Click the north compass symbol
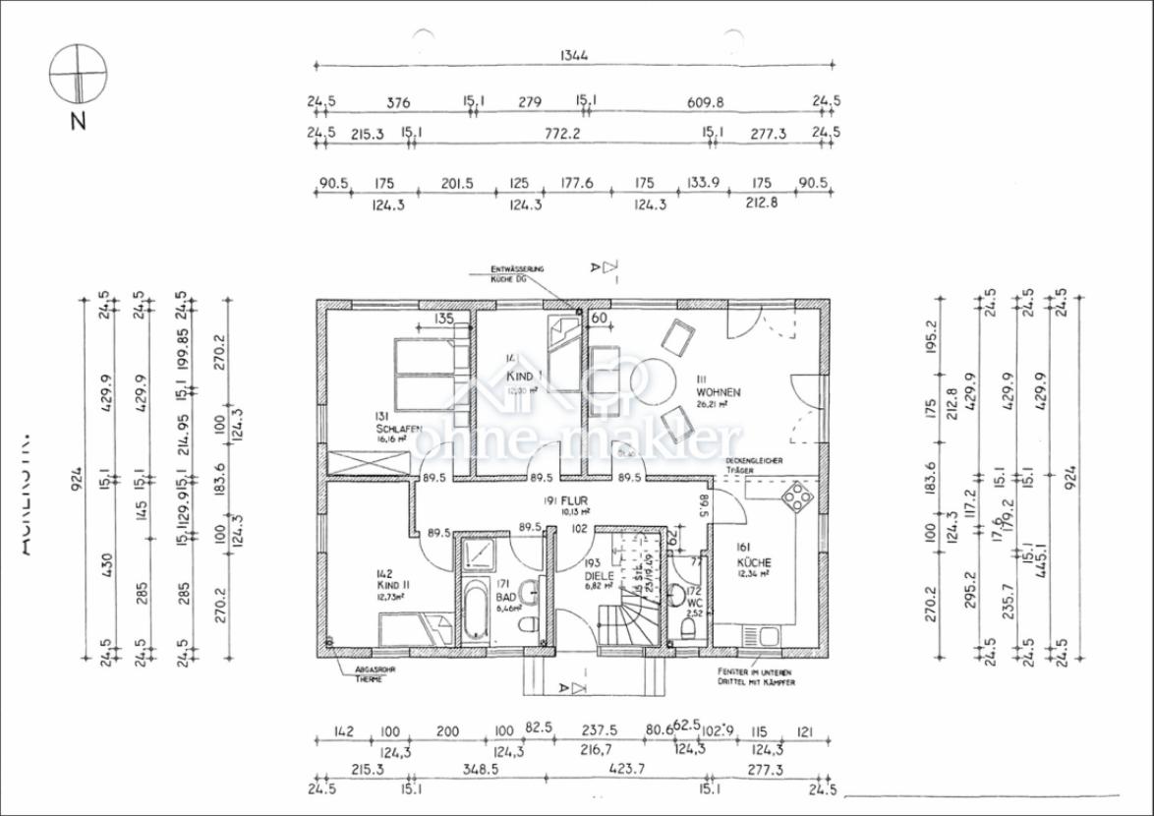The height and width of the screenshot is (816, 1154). click(78, 75)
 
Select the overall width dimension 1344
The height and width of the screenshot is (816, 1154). click(574, 55)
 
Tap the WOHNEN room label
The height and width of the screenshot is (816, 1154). click(718, 392)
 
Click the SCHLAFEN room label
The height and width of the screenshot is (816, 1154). click(398, 429)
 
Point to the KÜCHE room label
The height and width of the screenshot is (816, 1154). click(754, 563)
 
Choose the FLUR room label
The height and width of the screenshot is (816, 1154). click(575, 499)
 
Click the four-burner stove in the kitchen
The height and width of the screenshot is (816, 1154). click(798, 497)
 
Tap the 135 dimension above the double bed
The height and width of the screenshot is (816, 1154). click(443, 318)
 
